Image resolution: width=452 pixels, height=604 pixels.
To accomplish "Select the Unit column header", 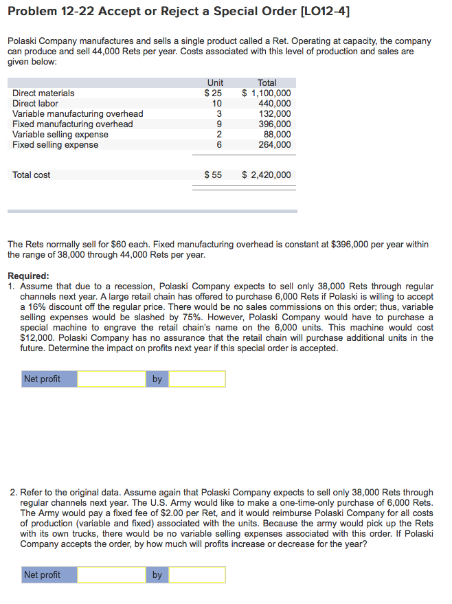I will [x=215, y=82].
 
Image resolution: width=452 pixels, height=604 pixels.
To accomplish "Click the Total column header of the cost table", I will [x=267, y=82].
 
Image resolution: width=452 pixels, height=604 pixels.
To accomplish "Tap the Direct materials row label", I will [x=43, y=93].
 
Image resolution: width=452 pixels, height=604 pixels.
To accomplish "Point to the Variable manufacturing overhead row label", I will [x=78, y=113].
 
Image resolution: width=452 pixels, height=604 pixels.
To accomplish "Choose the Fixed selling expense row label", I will [x=55, y=144].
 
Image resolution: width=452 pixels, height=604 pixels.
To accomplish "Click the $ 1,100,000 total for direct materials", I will [x=267, y=93].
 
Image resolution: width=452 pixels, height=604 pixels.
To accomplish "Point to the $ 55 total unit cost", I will [x=213, y=175].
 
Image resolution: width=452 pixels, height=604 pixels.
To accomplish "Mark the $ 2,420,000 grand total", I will [x=267, y=175].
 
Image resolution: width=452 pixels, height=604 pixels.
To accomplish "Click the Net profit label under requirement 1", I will [x=42, y=379].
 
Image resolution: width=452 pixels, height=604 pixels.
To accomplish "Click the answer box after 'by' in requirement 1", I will [x=197, y=379].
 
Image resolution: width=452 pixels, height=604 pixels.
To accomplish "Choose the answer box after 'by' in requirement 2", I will [x=197, y=574].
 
